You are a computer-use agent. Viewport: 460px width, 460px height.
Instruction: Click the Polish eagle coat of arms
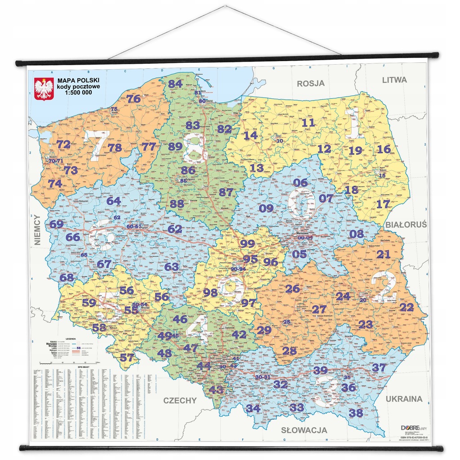(x=44, y=88)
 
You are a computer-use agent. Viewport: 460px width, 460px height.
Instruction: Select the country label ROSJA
(x=310, y=83)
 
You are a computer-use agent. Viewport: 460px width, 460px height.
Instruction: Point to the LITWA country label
(x=394, y=80)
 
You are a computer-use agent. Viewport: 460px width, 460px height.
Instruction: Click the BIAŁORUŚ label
(x=406, y=224)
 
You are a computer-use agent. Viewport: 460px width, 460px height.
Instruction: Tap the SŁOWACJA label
(x=304, y=430)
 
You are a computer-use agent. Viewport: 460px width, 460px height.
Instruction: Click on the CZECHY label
(x=180, y=400)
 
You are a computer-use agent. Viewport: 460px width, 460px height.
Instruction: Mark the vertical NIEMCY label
(x=37, y=230)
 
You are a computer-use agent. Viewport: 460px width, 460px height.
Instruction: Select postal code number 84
(x=175, y=84)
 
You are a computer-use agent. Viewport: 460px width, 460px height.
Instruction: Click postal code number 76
(x=133, y=99)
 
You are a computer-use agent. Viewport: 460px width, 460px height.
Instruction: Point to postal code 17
(x=383, y=204)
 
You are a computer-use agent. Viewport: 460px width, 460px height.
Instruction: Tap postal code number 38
(x=355, y=412)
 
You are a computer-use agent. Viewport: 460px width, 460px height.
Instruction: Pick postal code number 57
(x=127, y=358)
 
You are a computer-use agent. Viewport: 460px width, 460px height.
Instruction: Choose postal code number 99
(x=248, y=244)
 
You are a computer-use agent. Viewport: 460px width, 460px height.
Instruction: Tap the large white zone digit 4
(x=199, y=329)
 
